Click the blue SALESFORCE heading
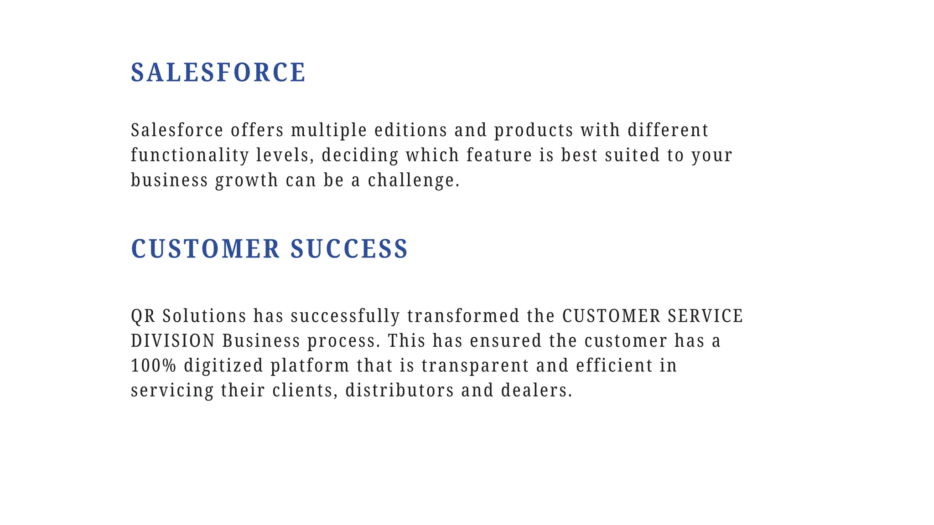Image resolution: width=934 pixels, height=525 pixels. point(218,72)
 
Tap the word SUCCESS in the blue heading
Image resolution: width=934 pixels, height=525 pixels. point(349,249)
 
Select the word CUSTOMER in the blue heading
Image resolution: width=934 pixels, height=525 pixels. point(205,249)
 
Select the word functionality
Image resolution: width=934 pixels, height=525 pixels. point(190,155)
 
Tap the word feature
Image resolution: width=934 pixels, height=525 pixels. point(499,155)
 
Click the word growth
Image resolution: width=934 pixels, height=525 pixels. point(246,180)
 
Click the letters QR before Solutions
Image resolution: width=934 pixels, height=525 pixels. point(143,316)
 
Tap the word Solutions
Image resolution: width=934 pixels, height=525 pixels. point(204,316)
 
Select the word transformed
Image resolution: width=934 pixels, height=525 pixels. point(463,316)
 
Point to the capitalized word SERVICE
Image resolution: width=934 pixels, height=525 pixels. point(706,316)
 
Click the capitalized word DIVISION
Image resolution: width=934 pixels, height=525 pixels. point(173,341)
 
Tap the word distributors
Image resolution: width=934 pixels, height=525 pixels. point(400,391)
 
